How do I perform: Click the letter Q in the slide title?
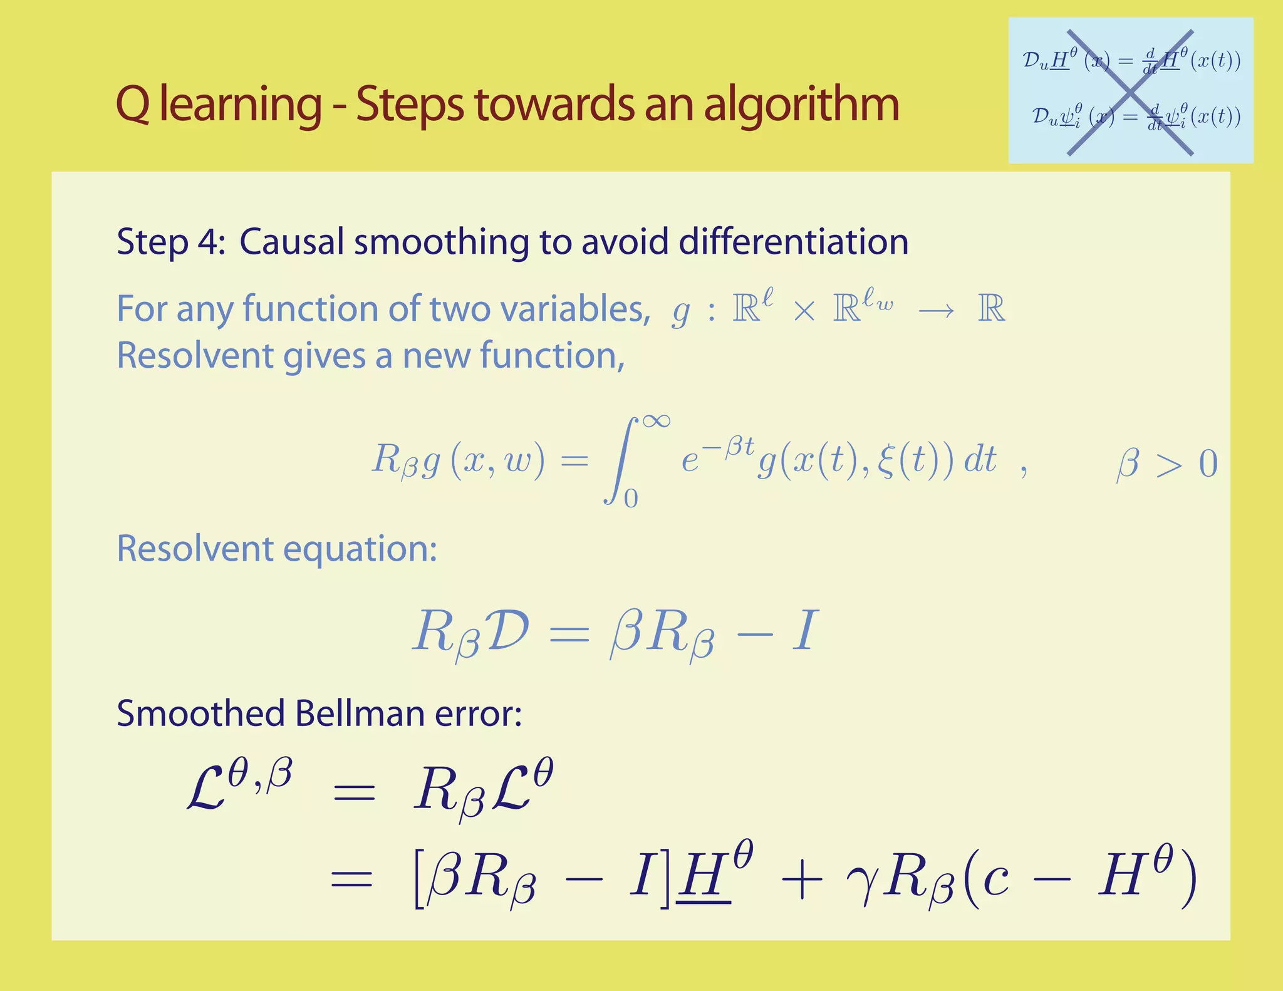133,105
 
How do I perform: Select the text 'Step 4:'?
170,242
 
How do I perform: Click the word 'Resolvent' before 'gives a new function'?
195,356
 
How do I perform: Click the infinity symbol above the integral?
655,420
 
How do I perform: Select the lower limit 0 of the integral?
631,499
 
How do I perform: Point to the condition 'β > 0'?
1166,464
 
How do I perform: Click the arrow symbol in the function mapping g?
936,311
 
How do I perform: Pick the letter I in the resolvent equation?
805,630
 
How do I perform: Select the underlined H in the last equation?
705,879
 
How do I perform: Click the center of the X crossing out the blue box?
1130,92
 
